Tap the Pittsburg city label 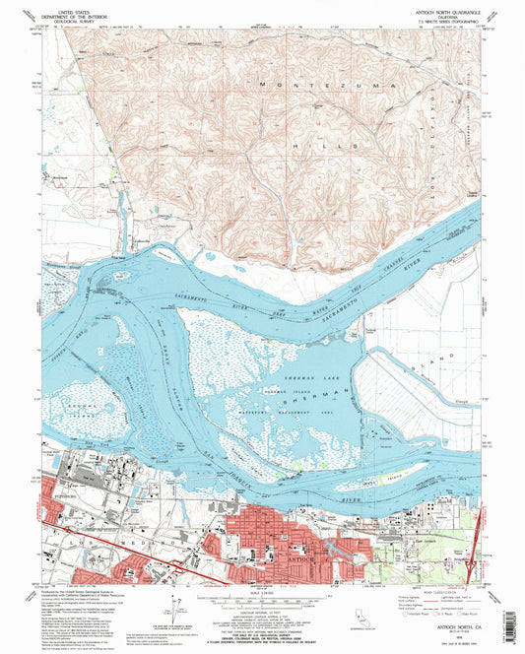(61, 499)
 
